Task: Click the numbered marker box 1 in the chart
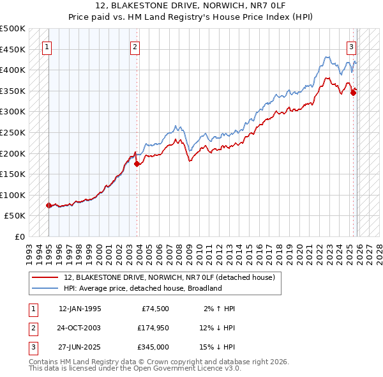tap(48, 46)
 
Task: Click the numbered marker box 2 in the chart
tap(135, 46)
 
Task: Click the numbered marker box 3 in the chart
tap(351, 46)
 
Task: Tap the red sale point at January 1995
tap(49, 205)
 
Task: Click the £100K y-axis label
tap(13, 195)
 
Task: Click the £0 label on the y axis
tap(19, 236)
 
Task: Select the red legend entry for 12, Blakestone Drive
tap(169, 277)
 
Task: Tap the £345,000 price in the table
tap(153, 347)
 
